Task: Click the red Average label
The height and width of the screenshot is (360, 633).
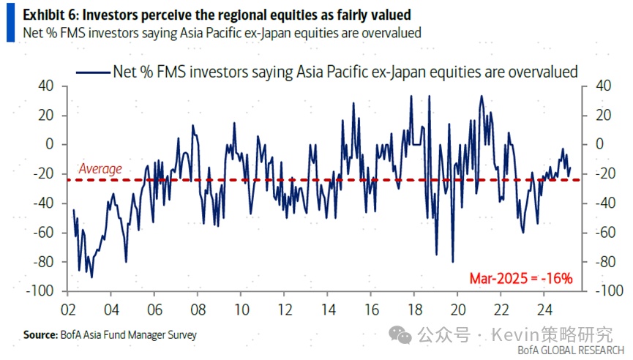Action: [x=100, y=169]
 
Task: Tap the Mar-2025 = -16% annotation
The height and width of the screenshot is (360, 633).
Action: [x=520, y=279]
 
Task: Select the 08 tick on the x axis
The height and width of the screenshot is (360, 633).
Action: [x=197, y=308]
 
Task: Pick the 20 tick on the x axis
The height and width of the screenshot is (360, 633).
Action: [x=457, y=308]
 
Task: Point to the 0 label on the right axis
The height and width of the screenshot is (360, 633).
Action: [x=592, y=144]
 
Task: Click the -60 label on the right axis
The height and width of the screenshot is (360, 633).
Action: [x=597, y=233]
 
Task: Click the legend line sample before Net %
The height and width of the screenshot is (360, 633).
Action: [x=92, y=72]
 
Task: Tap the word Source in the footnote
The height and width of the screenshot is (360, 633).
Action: [x=40, y=334]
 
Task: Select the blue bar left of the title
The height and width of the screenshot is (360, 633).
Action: [x=10, y=23]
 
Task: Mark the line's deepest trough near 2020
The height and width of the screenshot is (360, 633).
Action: [x=453, y=261]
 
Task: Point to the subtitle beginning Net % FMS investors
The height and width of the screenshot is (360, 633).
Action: [x=222, y=33]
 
